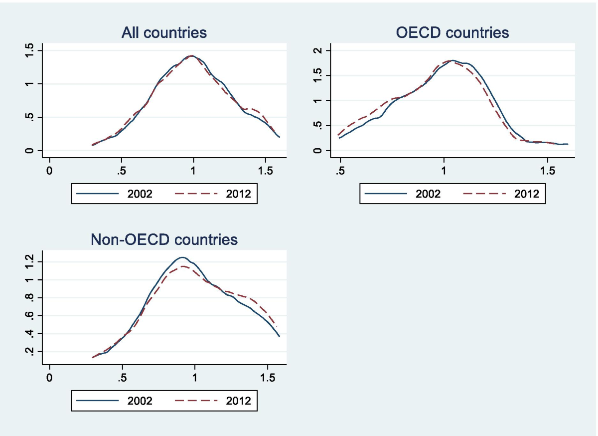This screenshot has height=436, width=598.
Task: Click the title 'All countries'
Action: click(164, 33)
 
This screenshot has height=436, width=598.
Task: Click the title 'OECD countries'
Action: click(452, 33)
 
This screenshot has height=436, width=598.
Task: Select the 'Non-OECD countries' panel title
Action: click(164, 240)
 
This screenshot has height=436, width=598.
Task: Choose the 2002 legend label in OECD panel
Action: click(428, 194)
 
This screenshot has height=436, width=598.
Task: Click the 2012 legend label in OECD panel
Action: click(526, 194)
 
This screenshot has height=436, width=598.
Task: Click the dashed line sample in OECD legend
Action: click(481, 194)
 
